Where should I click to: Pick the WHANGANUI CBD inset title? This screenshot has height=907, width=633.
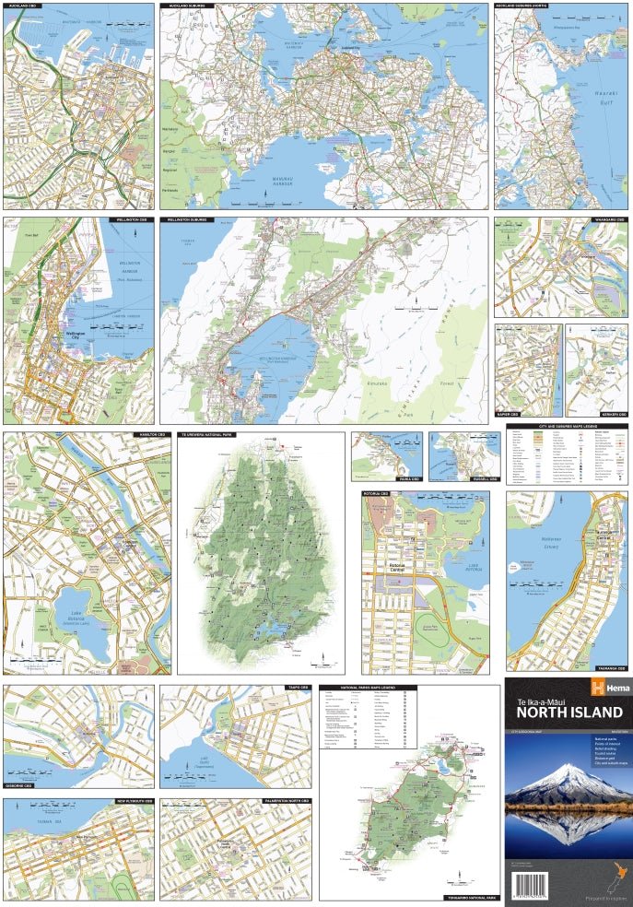pyautogui.click(x=607, y=221)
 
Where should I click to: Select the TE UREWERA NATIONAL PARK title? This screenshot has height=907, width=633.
pyautogui.click(x=209, y=433)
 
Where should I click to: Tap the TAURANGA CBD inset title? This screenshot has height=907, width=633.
pyautogui.click(x=608, y=667)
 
